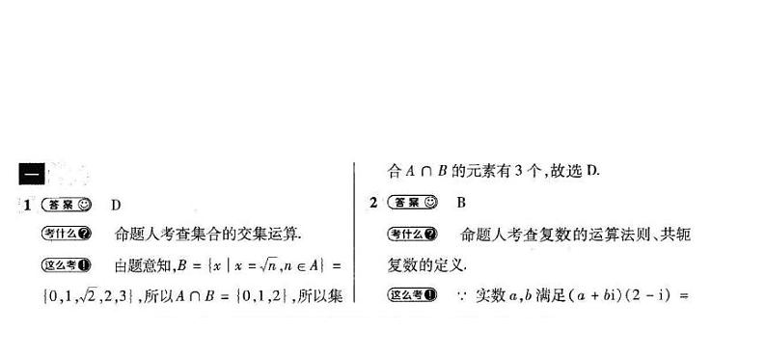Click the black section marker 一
[x=29, y=174]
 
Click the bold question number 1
[x=28, y=205]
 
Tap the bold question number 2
[x=373, y=203]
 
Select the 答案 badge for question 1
[x=68, y=205]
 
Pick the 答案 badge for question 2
[x=412, y=203]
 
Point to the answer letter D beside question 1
[x=116, y=205]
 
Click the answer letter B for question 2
[x=461, y=203]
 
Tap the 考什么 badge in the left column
[x=68, y=235]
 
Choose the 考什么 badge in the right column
[x=413, y=235]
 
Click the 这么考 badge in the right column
[x=413, y=294]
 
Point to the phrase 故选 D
[x=574, y=173]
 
